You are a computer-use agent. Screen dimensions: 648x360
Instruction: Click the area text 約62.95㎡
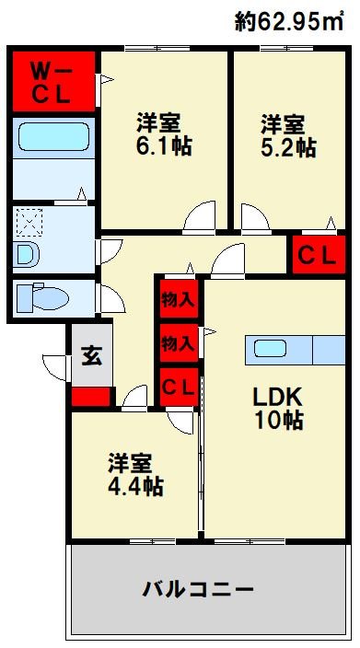tap(288, 21)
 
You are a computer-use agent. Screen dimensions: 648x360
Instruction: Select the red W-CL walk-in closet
tap(52, 81)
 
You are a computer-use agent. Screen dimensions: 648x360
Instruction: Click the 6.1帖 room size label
tap(165, 145)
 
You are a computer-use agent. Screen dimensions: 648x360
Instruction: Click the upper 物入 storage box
tap(178, 299)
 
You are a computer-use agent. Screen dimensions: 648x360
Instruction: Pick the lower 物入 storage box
tap(178, 343)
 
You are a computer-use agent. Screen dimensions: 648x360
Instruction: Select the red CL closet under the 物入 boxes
tap(178, 388)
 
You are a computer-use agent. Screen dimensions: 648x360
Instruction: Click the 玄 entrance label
tap(90, 355)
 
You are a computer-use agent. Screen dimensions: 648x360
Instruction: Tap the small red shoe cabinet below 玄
tap(90, 398)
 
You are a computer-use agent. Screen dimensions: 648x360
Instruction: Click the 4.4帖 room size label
tap(135, 484)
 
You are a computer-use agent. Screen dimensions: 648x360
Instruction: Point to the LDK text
tap(279, 398)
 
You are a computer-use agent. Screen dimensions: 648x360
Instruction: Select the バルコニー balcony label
tap(197, 588)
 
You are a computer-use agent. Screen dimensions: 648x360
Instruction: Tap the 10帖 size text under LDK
tap(279, 422)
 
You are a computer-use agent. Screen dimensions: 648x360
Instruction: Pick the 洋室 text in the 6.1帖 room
tap(158, 122)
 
